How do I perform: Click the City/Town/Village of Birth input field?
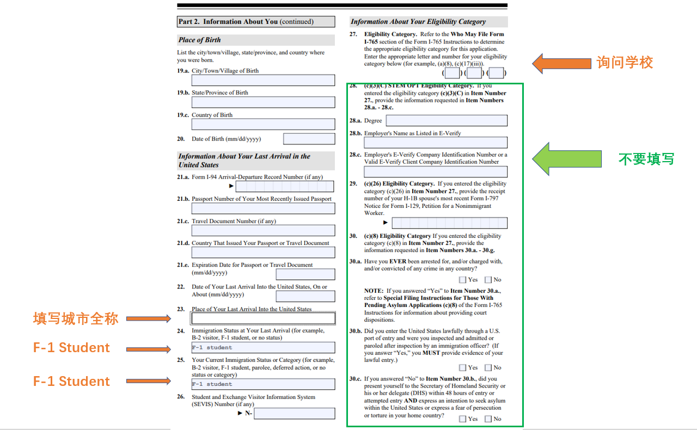coord(263,80)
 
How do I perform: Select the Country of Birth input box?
coord(263,124)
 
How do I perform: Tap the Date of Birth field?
coord(309,139)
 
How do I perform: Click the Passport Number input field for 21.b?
coord(263,208)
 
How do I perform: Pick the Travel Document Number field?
coord(263,230)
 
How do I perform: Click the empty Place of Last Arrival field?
coord(263,318)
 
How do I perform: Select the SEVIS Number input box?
coord(294,413)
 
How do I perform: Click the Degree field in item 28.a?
coord(446,120)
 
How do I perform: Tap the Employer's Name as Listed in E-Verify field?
coord(435,143)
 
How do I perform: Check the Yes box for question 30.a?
coord(462,280)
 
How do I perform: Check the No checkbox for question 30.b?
coord(488,367)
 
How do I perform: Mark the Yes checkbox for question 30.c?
coord(462,419)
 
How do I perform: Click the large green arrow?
coord(566,159)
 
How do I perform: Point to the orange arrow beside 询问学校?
coord(561,63)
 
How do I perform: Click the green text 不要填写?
coord(646,159)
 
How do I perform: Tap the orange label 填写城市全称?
coord(76,318)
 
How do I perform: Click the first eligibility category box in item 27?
coord(451,73)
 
